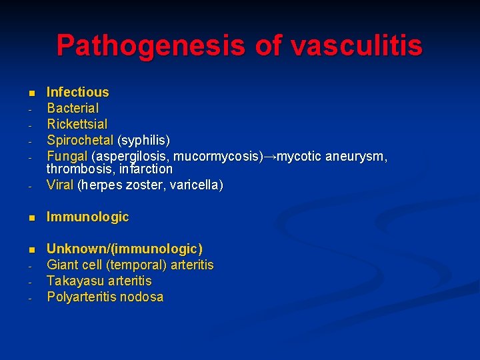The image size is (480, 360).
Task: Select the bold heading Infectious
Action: tap(77, 92)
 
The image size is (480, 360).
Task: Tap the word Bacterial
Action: tap(72, 108)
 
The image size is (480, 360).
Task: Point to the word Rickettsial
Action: tap(77, 124)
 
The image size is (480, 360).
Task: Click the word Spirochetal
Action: tap(80, 141)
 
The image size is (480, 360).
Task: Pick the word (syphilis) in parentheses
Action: tap(143, 141)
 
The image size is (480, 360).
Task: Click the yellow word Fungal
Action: tap(67, 157)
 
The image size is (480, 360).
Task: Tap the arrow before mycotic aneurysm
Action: tap(269, 157)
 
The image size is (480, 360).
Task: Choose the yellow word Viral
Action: tap(60, 185)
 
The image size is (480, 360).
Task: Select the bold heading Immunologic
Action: tap(87, 217)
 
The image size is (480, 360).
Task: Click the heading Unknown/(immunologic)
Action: tap(124, 249)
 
